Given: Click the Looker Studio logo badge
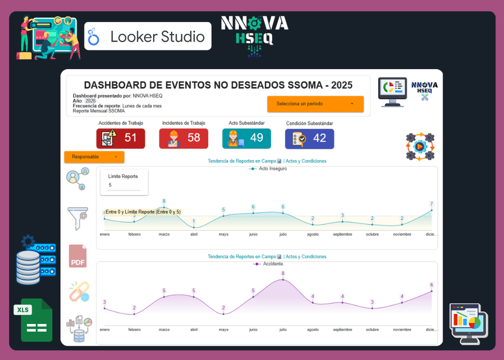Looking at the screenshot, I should coord(148,36).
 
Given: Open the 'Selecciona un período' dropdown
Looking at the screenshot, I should coord(315,104).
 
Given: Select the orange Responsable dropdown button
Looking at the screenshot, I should coord(94,157).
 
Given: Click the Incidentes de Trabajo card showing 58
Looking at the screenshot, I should coord(183,138).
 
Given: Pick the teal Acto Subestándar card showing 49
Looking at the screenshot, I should coord(246,138).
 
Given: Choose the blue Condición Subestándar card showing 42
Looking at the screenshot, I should coord(309,138).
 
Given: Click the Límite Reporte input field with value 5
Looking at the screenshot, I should coord(124,185).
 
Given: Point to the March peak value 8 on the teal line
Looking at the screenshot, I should coord(164,202).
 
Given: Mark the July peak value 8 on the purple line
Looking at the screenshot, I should coord(283,274).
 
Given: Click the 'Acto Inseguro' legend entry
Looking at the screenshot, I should coord(267,169).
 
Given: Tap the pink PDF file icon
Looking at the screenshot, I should coord(78,256).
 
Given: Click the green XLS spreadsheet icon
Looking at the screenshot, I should coord(36,320).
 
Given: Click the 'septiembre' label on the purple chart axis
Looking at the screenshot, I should coord(342,330).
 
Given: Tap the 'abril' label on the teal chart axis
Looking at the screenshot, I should coord(194,235).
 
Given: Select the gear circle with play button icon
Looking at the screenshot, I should coord(420,146).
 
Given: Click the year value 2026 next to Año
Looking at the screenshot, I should coord(91,101).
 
